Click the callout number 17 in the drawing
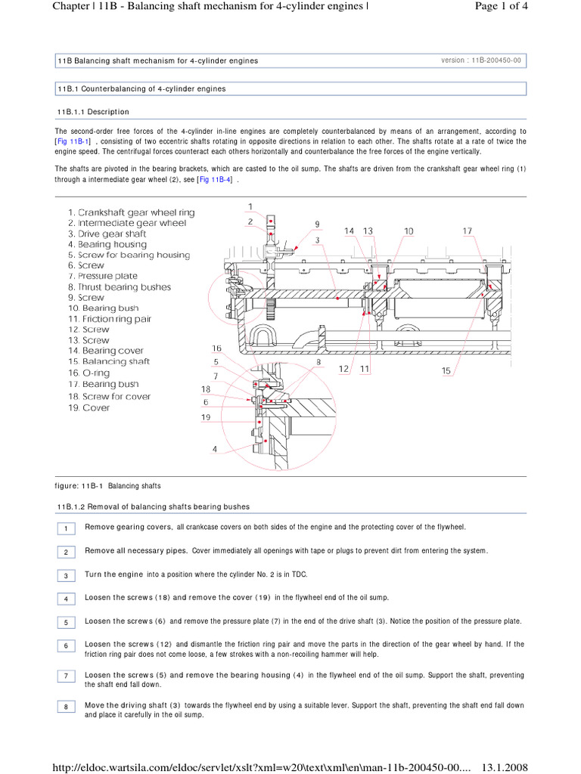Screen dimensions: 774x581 [x=468, y=231]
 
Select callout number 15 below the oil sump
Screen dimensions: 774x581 [x=447, y=370]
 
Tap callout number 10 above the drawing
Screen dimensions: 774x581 [x=409, y=231]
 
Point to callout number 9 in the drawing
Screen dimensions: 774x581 [x=318, y=224]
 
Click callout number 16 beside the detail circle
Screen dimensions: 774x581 [x=216, y=348]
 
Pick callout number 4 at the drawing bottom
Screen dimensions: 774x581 [x=215, y=448]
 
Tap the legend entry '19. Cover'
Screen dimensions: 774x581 [x=89, y=407]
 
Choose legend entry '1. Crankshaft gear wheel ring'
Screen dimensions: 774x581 [x=131, y=212]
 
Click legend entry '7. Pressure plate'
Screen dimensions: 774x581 [x=103, y=276]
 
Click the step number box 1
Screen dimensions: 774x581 [x=66, y=528]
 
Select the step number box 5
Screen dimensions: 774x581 [x=66, y=622]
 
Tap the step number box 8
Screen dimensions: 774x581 [x=66, y=707]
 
